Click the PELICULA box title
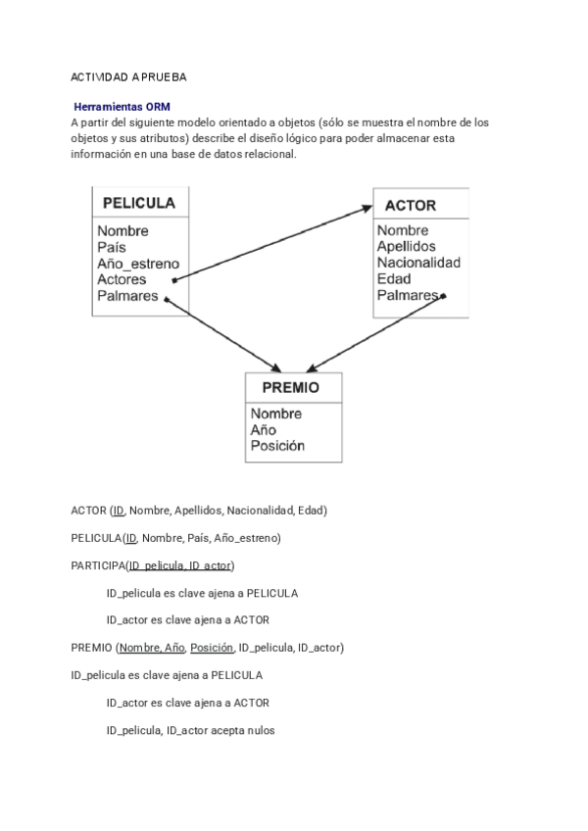tap(139, 204)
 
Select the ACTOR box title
tap(411, 206)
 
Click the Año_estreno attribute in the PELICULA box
tap(138, 264)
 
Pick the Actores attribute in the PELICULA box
tap(122, 279)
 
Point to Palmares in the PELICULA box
tap(127, 295)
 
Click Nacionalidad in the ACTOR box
tap(418, 263)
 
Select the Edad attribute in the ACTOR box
tap(394, 278)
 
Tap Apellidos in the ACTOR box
tap(407, 247)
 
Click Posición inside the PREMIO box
tap(277, 446)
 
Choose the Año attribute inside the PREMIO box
tap(264, 430)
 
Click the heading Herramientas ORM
tap(122, 106)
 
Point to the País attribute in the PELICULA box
tap(112, 248)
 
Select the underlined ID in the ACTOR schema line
tap(119, 511)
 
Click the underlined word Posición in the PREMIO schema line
tap(212, 648)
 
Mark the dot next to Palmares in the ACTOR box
tap(444, 295)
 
